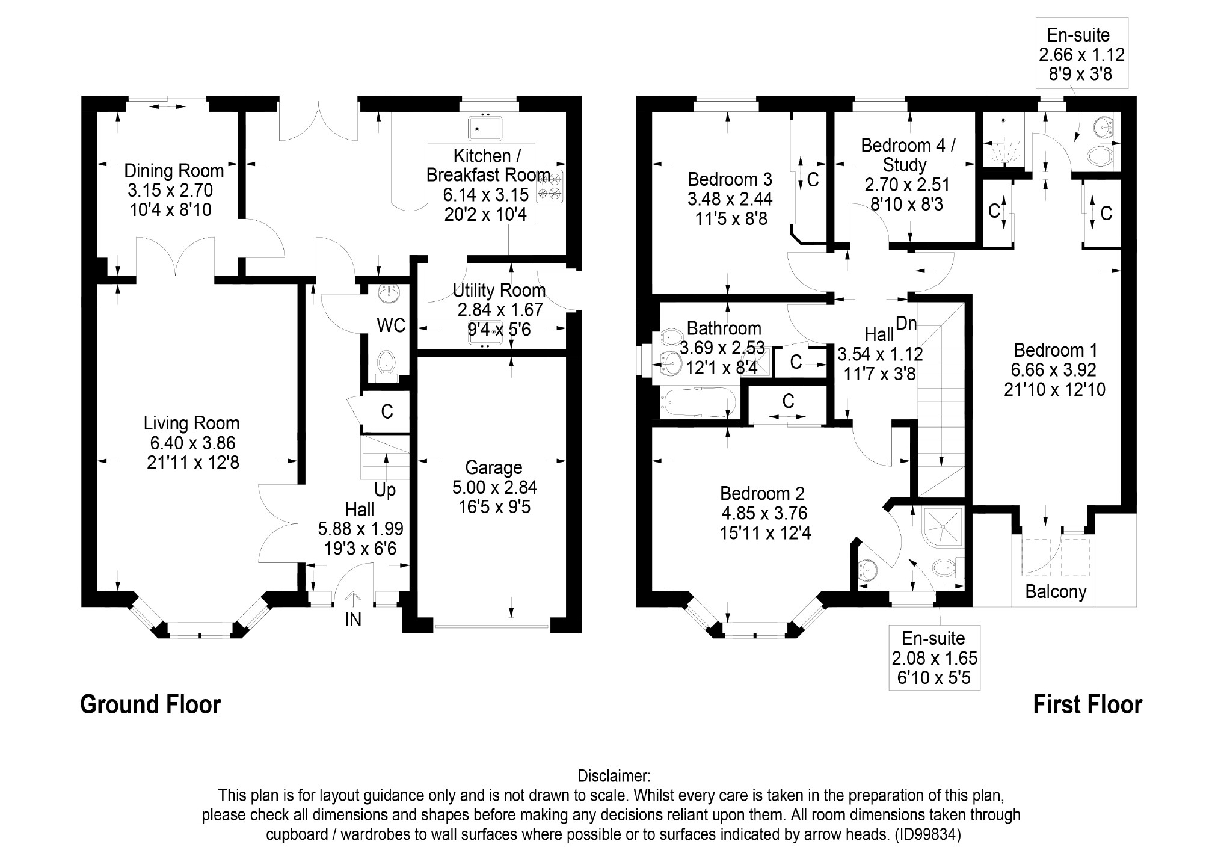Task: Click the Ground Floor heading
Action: [150, 704]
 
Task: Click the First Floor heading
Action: [1087, 704]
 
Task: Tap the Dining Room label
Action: [174, 171]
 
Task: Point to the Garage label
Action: [494, 468]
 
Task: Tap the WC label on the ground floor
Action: [391, 325]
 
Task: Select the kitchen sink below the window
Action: [485, 128]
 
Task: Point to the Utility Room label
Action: [499, 291]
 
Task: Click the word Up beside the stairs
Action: [385, 490]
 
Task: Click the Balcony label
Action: [1056, 592]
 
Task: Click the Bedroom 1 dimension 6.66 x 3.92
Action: [1055, 369]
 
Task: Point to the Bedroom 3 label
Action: [730, 179]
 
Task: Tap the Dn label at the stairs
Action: [906, 323]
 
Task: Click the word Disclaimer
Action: [614, 776]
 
